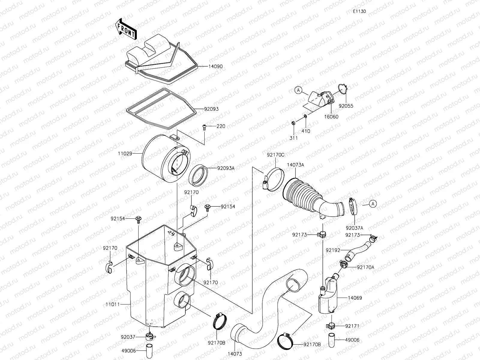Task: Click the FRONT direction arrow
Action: (x=126, y=29)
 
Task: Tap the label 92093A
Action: (x=226, y=168)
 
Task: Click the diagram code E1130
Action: (x=359, y=11)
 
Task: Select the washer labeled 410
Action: (x=305, y=116)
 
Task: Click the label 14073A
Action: (x=295, y=165)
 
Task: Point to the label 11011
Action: (x=112, y=304)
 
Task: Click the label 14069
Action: (x=355, y=298)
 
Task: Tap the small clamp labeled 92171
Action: (x=331, y=325)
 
